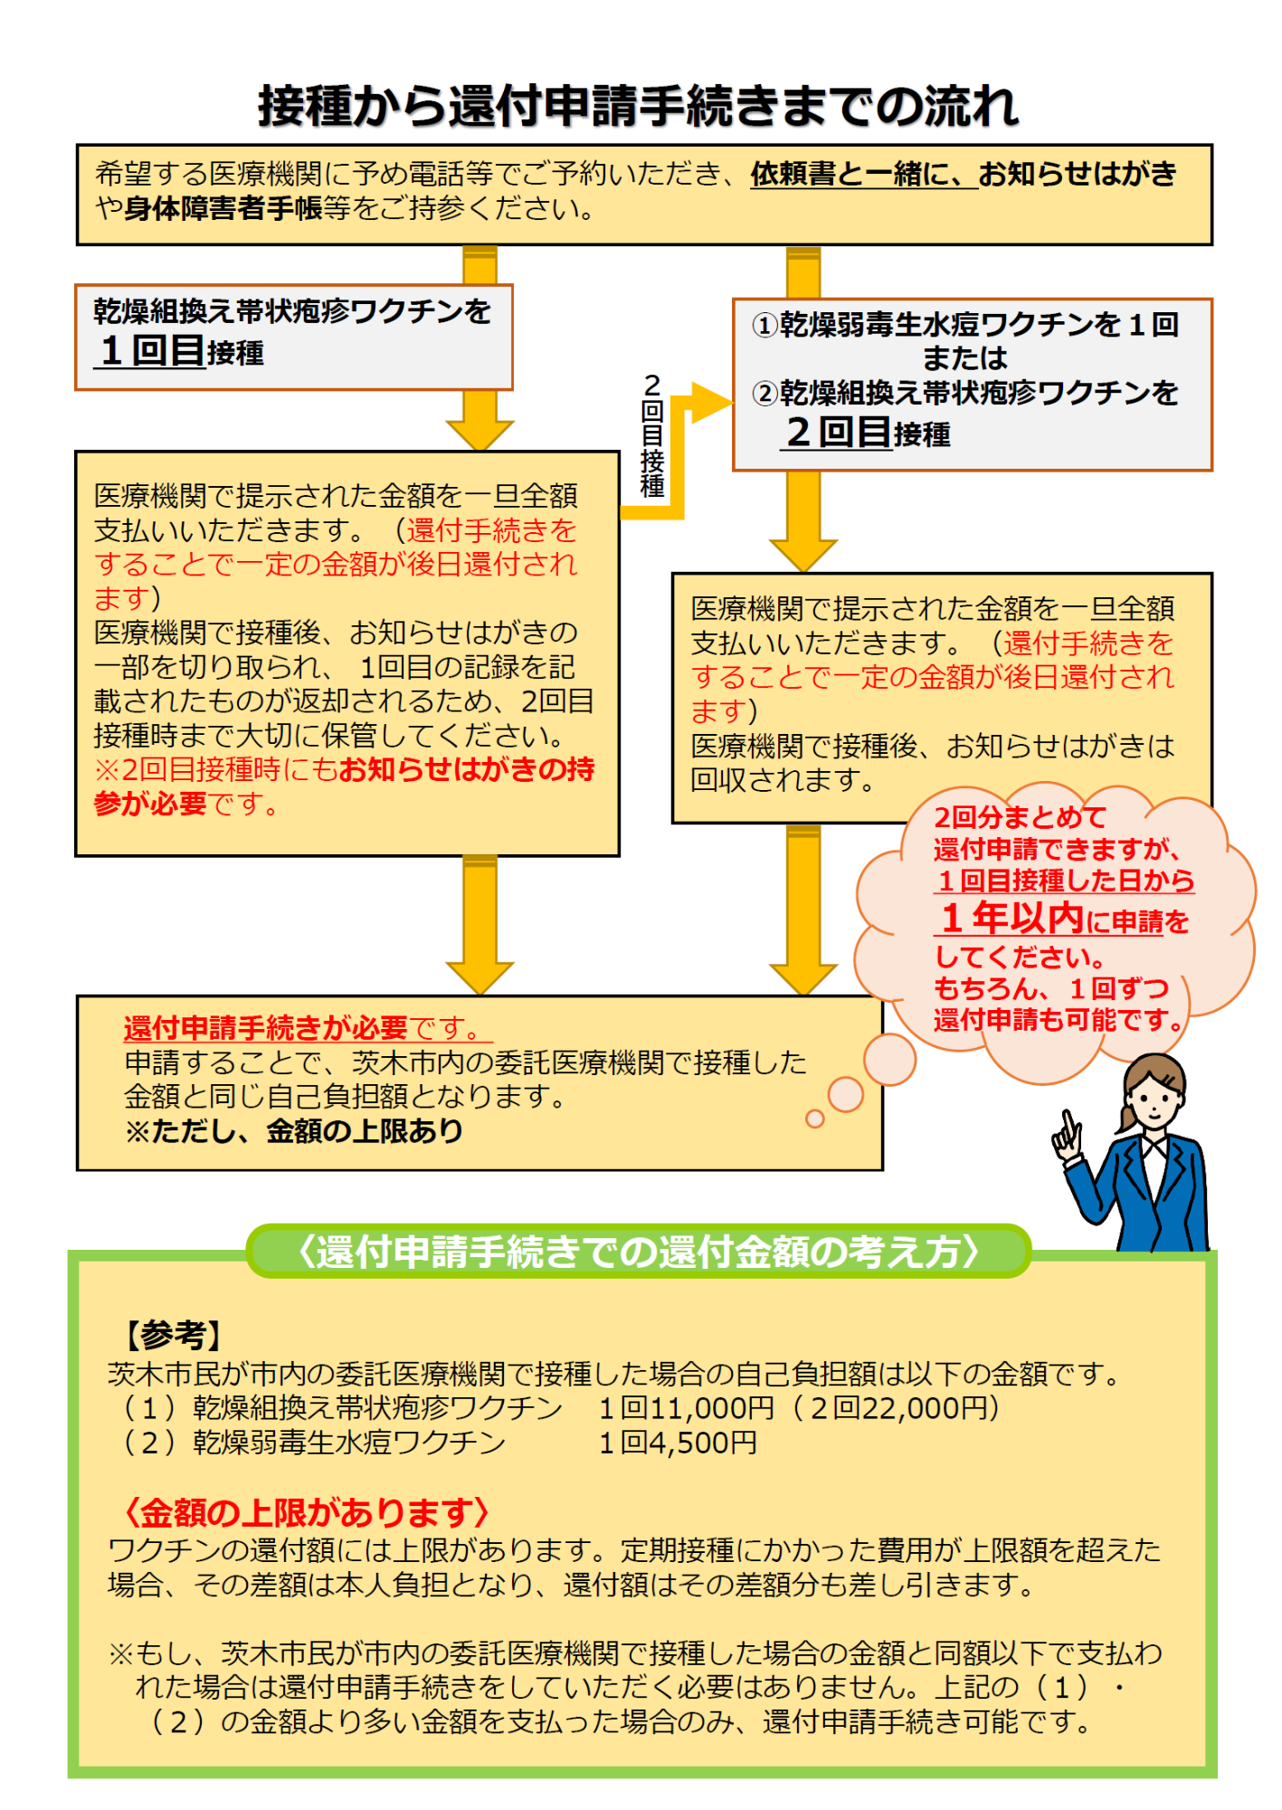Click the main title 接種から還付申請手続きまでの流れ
(x=639, y=106)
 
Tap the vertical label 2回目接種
(x=652, y=435)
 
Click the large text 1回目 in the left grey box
(x=153, y=350)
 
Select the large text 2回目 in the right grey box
(x=839, y=432)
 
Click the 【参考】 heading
(x=171, y=1335)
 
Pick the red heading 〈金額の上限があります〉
(x=308, y=1512)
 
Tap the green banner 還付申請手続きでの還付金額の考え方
(x=639, y=1252)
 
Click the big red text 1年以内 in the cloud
(x=1012, y=918)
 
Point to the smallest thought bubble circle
(x=815, y=1119)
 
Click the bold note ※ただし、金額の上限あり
(x=294, y=1131)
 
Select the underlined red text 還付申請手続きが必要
(x=266, y=1028)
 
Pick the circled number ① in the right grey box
(x=765, y=325)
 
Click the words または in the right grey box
(x=964, y=358)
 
